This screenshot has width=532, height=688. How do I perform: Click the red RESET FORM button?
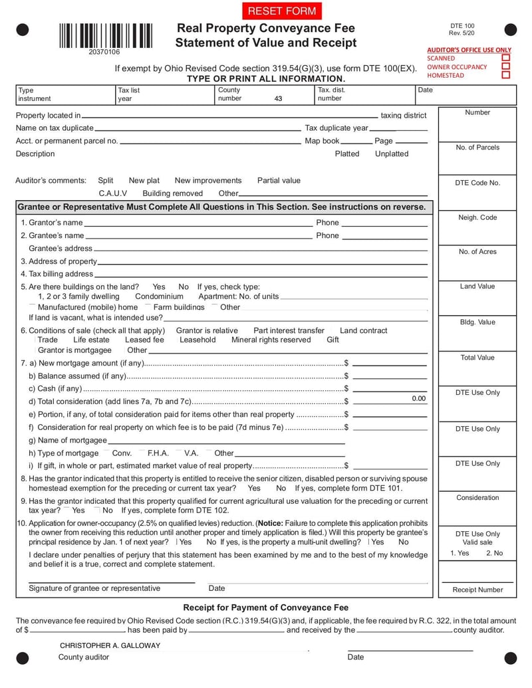point(282,11)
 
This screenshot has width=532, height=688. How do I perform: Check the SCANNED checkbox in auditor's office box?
point(506,58)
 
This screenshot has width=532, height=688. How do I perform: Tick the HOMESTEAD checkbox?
point(506,75)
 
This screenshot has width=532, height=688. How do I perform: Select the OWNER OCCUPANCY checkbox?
point(506,66)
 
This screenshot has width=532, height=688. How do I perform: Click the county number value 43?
point(278,98)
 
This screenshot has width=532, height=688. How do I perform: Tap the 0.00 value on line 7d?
point(418,398)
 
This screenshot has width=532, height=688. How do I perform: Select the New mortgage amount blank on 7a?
point(389,363)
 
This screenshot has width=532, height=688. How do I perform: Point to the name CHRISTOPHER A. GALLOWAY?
point(110,645)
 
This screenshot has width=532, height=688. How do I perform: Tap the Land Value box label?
point(477,287)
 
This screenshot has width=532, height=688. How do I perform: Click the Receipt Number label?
point(477,590)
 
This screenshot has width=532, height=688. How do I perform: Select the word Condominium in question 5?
point(159,296)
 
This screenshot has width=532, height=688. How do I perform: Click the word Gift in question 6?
point(332,340)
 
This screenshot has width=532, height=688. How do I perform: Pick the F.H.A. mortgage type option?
point(158,453)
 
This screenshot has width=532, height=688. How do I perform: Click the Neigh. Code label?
point(477,217)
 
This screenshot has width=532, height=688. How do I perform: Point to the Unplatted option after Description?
point(392,154)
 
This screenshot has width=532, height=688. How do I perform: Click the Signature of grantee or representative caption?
point(94,588)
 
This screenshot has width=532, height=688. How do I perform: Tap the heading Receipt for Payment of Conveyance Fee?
point(265,608)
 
